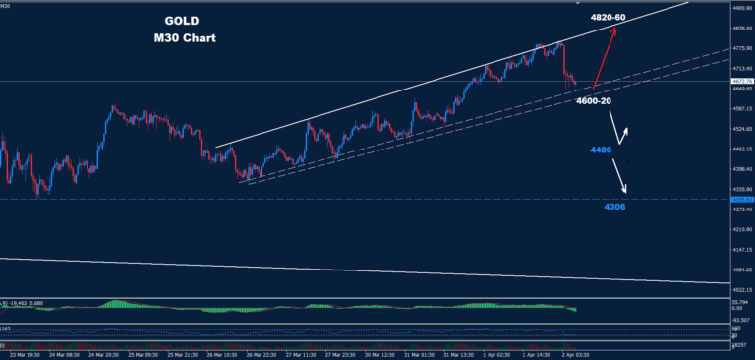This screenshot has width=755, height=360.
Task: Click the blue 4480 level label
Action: pyautogui.click(x=601, y=150)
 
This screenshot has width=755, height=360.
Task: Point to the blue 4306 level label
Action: pyautogui.click(x=614, y=207)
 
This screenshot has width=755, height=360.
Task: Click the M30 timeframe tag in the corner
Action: pyautogui.click(x=7, y=5)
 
